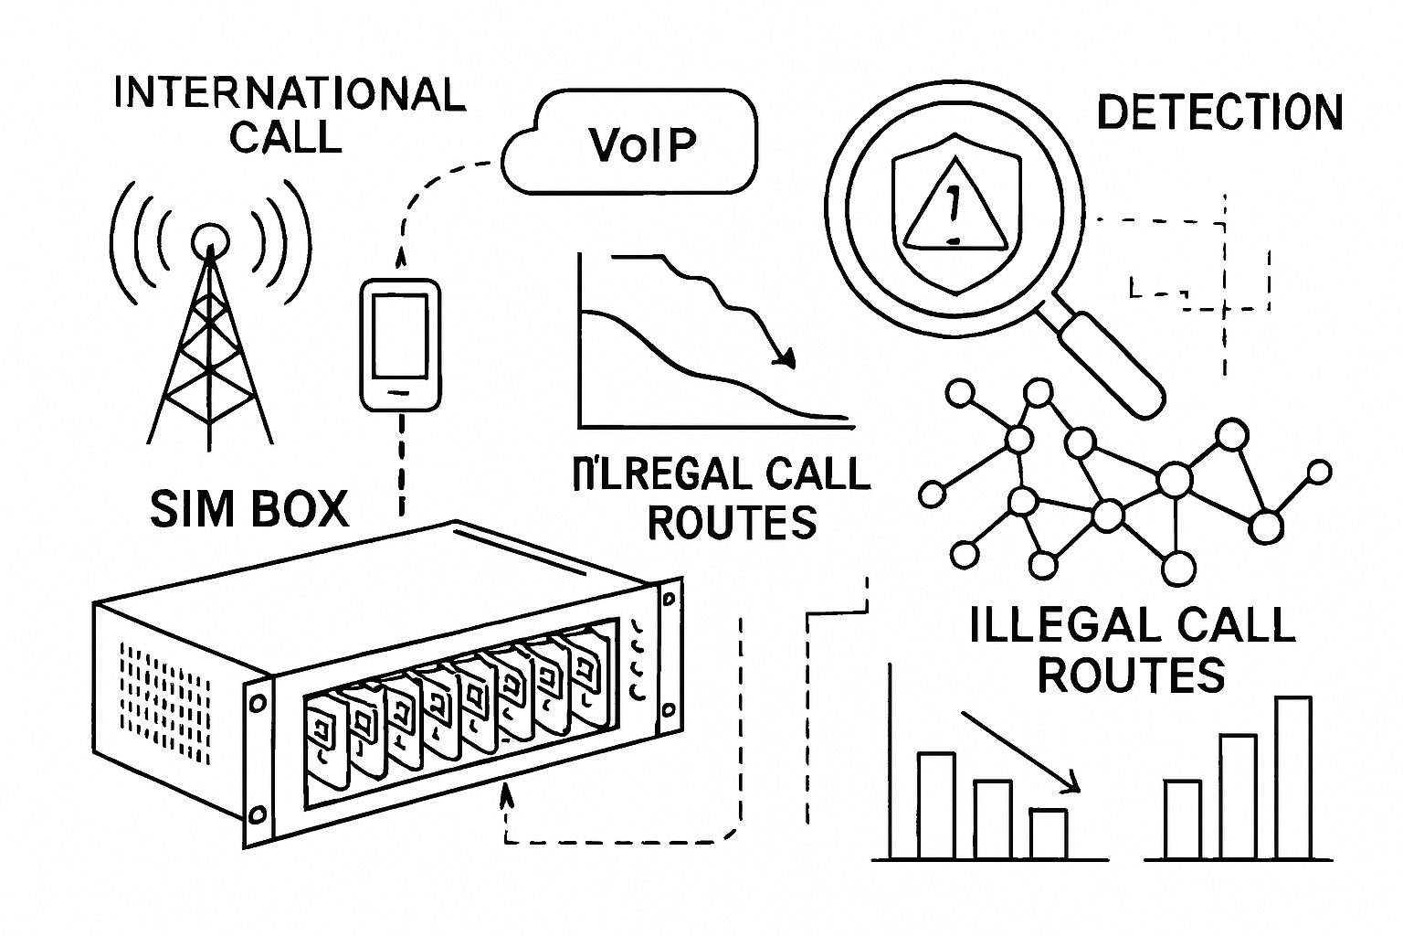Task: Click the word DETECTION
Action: (1218, 113)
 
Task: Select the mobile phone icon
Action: (400, 345)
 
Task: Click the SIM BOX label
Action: (249, 509)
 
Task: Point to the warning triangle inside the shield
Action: (954, 213)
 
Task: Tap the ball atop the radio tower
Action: (209, 239)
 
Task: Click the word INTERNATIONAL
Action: (289, 95)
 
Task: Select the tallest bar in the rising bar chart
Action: (1292, 778)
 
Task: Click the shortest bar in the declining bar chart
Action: (1048, 834)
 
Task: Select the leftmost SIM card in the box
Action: (322, 745)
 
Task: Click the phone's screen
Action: (400, 335)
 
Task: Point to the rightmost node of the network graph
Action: (1319, 473)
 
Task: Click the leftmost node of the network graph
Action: (931, 495)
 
